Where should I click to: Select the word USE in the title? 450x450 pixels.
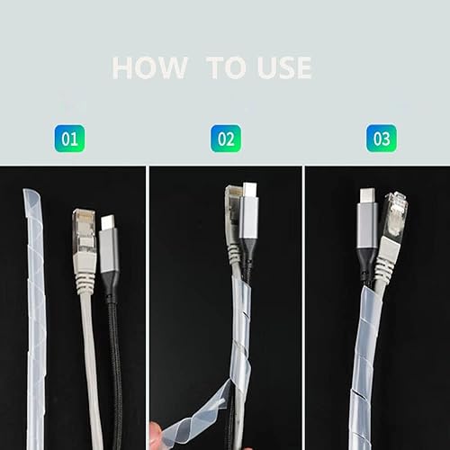282,67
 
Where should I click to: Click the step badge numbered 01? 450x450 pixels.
70,139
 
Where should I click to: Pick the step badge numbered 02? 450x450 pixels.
226,139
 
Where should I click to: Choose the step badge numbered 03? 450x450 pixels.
382,139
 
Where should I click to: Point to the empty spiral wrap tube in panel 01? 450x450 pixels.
36,306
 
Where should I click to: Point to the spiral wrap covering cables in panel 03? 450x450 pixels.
364,360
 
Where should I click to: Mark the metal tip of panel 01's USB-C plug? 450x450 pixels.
107,221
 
